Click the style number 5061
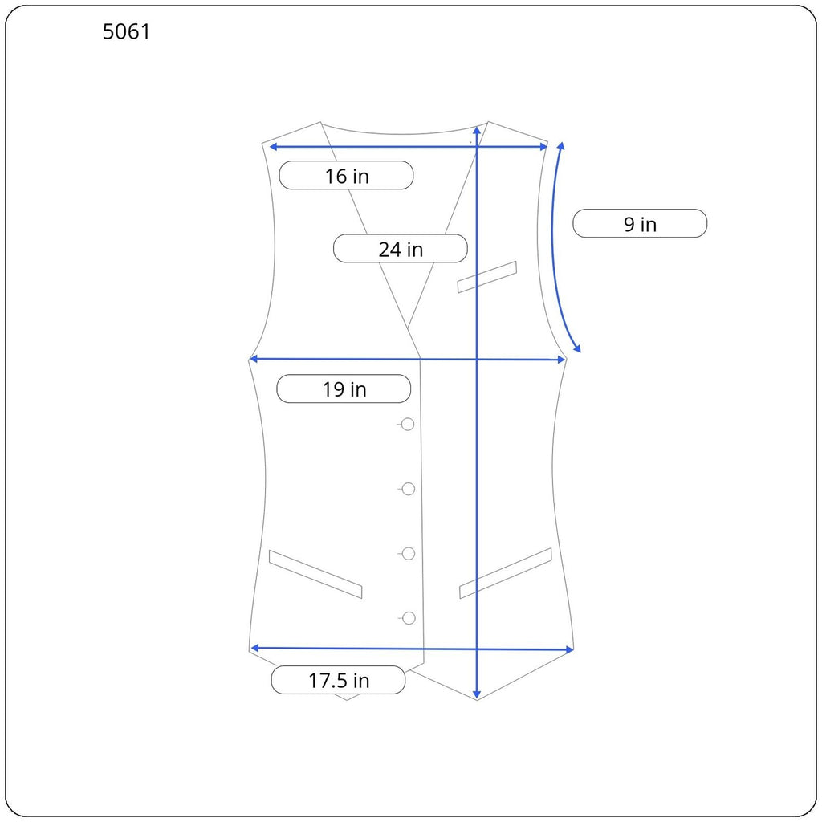(126, 32)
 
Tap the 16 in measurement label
(346, 176)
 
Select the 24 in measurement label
(401, 249)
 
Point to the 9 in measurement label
(640, 224)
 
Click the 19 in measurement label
(344, 389)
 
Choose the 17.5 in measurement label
(338, 680)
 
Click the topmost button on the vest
(407, 424)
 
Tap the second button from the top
(408, 489)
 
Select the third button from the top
(409, 554)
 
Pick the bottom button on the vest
(409, 619)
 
